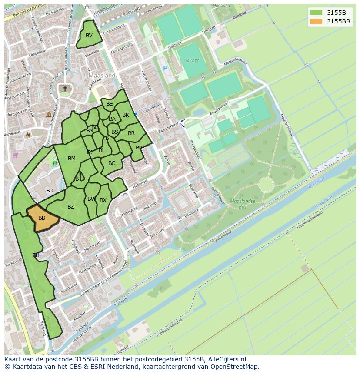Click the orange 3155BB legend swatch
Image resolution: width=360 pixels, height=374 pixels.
pos(316,21)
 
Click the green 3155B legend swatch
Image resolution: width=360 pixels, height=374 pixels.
pos(316,13)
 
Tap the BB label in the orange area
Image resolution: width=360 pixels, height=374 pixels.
pos(42,218)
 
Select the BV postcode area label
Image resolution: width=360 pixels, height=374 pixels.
pos(89,36)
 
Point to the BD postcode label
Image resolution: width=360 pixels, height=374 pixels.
pos(50,191)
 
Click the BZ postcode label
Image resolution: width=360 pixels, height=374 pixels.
pos(71,207)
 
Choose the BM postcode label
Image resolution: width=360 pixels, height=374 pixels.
pos(72,159)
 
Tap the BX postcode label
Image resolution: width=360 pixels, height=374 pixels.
pos(103,200)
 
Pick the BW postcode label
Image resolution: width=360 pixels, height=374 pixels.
pos(91,199)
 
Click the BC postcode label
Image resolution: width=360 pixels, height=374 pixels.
pos(112,163)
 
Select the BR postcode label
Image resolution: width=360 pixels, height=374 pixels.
pos(131,133)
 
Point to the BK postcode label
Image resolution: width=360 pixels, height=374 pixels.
pos(126,115)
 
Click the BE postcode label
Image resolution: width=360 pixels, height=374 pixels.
pos(110,104)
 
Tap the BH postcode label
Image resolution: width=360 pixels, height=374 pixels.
pos(36,255)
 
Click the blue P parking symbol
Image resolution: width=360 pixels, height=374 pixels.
pos(165,68)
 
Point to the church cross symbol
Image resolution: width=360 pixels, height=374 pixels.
pos(65,89)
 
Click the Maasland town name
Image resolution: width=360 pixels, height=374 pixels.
pos(102,75)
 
